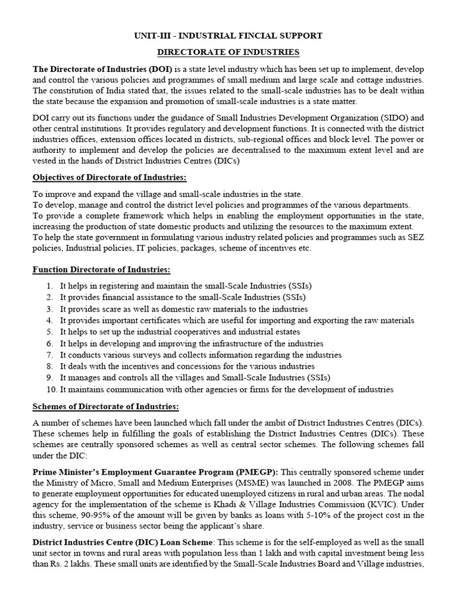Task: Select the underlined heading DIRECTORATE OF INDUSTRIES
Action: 228,53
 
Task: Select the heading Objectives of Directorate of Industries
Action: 109,178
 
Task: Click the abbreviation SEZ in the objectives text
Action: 413,238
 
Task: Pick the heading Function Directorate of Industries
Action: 101,270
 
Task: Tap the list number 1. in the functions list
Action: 50,286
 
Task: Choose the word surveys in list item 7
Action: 145,355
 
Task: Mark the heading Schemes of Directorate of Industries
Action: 105,406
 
